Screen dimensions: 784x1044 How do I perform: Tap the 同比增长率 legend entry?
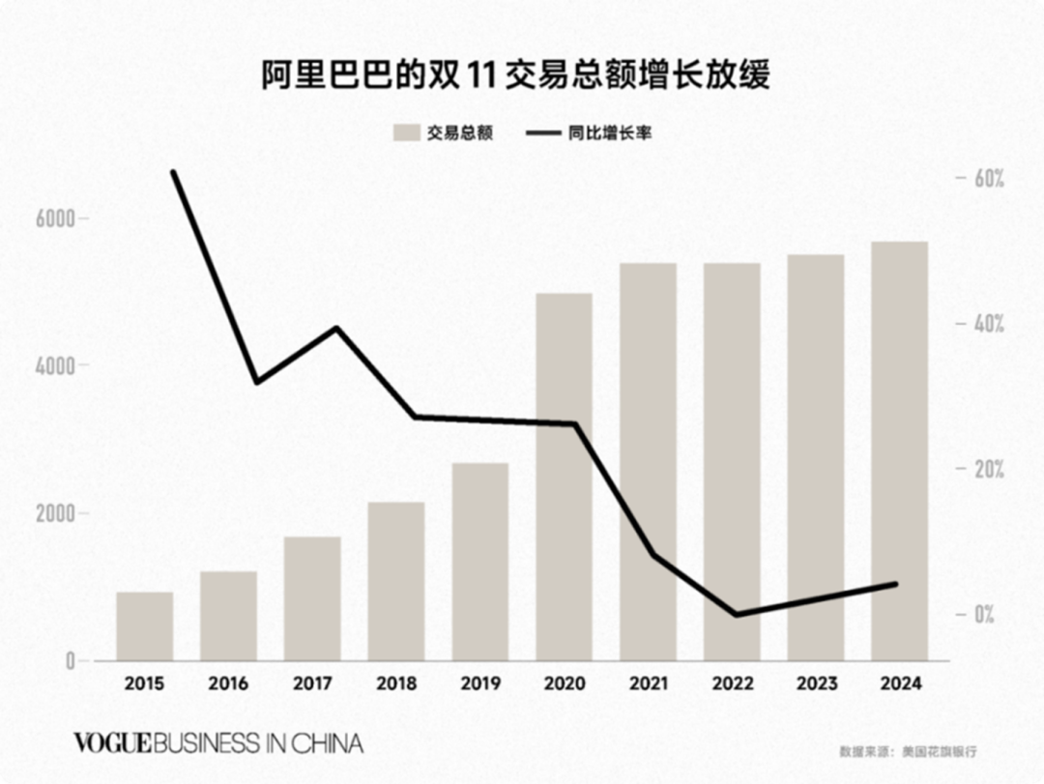[590, 133]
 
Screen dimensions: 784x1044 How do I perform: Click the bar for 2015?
[145, 626]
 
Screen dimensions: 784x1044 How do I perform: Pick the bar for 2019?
[480, 562]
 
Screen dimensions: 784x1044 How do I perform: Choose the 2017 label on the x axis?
[312, 683]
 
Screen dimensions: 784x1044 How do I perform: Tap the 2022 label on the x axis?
[732, 683]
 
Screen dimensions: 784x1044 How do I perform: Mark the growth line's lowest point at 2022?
[735, 614]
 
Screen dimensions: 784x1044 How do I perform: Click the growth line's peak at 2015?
[174, 172]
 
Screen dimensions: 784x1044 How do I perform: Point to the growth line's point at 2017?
[336, 328]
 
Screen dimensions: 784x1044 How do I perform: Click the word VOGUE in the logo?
[112, 743]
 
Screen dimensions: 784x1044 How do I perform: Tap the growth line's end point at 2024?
[896, 584]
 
